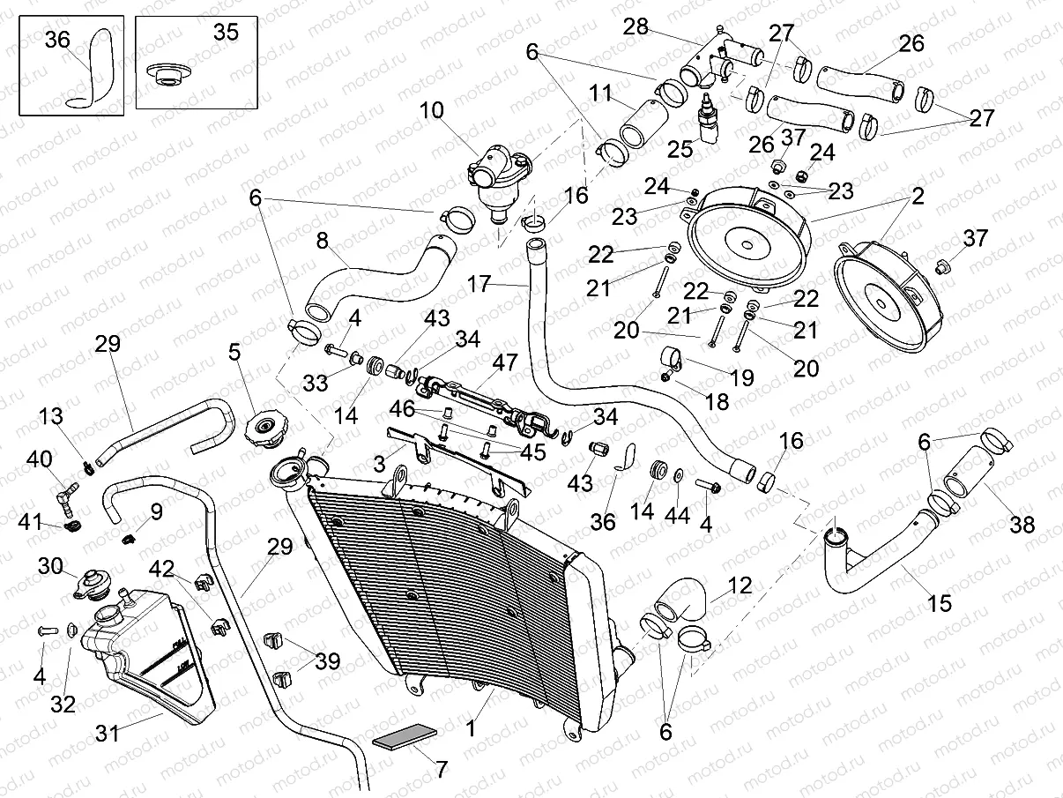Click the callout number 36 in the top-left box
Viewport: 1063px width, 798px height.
click(56, 40)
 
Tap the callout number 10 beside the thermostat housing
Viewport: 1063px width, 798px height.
click(433, 110)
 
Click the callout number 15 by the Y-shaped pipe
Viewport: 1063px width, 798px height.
click(940, 604)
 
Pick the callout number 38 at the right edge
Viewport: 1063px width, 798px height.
click(1022, 526)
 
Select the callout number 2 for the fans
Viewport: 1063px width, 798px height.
click(918, 198)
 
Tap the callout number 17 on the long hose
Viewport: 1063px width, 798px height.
click(479, 284)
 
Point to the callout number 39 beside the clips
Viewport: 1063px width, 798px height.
click(327, 661)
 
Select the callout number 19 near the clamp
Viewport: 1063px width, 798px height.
click(741, 377)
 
